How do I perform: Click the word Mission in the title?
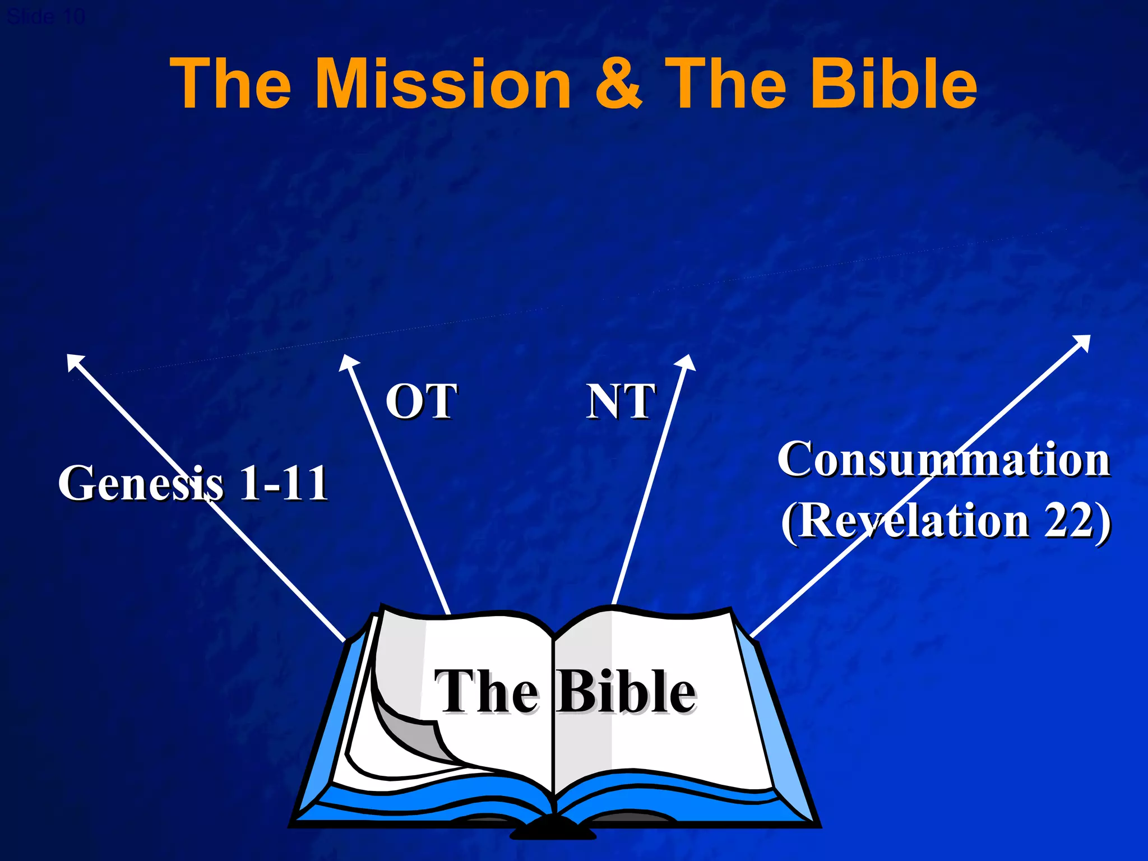click(443, 84)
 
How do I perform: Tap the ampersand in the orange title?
click(618, 84)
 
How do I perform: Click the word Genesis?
click(141, 483)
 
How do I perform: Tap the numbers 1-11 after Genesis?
click(283, 483)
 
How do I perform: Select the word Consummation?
click(944, 460)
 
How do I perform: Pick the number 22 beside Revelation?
click(1068, 520)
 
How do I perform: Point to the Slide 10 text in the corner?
click(46, 17)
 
